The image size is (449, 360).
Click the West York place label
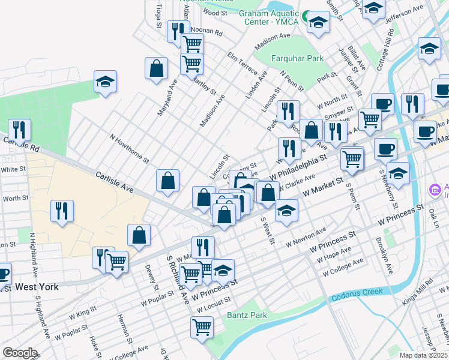(37, 287)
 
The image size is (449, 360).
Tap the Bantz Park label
(246, 315)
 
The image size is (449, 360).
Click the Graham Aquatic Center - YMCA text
(268, 18)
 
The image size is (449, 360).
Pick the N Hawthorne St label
(129, 148)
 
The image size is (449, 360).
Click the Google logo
(20, 352)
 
